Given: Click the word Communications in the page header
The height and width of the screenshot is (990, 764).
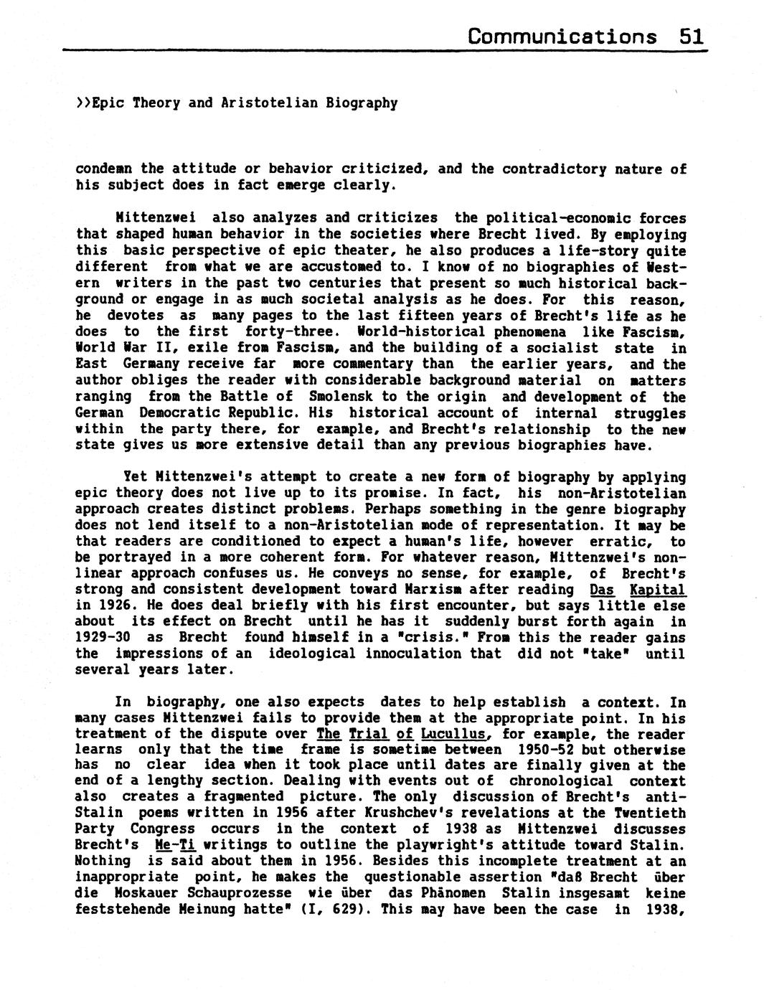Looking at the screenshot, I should click(562, 36).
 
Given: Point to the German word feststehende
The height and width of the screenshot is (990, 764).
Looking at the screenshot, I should click(115, 910).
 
